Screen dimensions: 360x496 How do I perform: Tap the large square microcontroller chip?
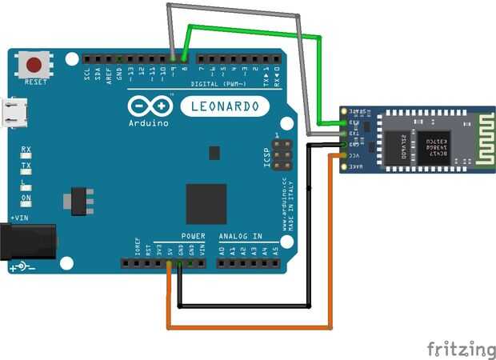(206, 203)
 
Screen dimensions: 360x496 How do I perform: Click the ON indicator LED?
(26, 198)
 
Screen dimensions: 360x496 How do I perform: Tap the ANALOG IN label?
(241, 237)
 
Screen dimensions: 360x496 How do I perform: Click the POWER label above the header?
(192, 237)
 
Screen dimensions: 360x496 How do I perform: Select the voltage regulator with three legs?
(78, 194)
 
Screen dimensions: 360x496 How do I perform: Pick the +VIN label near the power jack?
(18, 218)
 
